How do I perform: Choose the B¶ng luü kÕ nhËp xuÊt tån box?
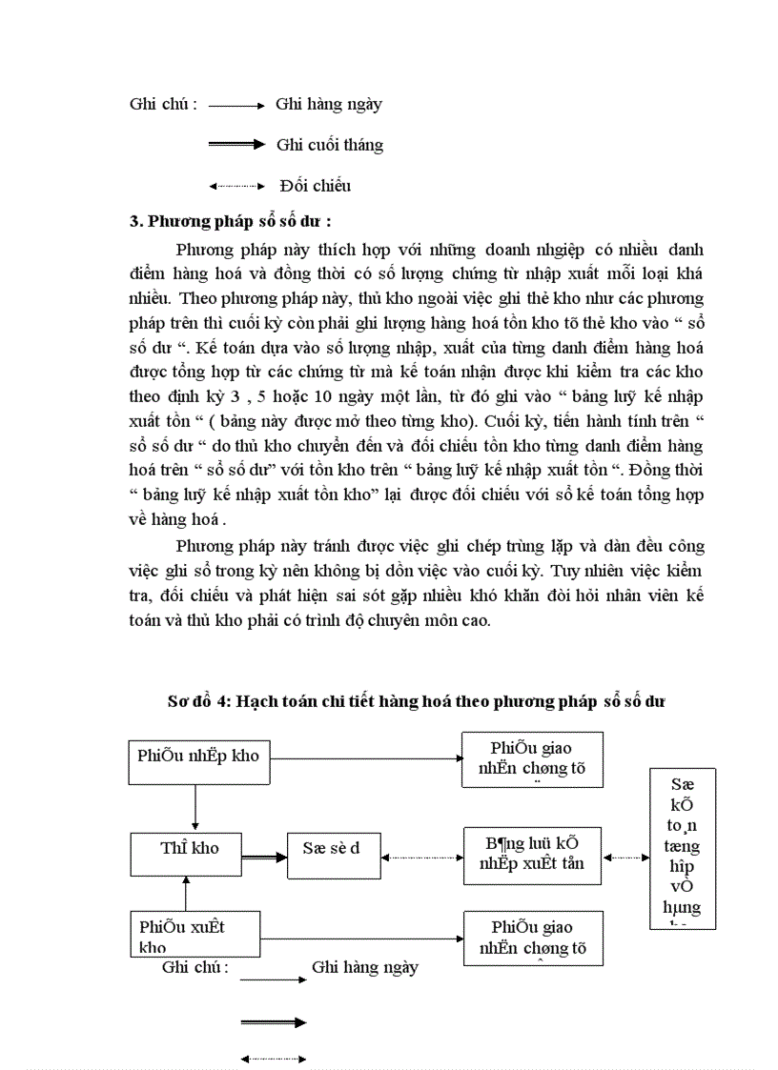click(532, 855)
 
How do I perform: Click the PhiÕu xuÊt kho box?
click(194, 935)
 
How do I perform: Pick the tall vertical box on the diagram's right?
click(683, 848)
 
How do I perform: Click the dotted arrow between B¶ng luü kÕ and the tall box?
click(626, 857)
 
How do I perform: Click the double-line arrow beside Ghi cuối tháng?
click(235, 145)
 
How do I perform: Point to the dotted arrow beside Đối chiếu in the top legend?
click(235, 185)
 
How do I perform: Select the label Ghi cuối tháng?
click(330, 145)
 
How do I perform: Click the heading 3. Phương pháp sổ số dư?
click(231, 222)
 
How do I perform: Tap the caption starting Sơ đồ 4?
click(415, 701)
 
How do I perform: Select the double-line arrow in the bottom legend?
click(273, 1022)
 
